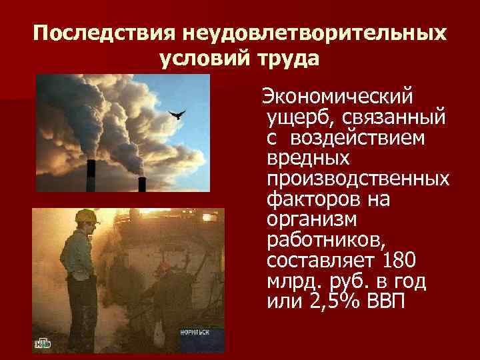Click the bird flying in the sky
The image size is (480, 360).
tap(177, 116)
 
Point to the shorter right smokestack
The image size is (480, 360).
tap(141, 183)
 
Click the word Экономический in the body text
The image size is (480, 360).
tap(337, 97)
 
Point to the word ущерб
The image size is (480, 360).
tap(296, 118)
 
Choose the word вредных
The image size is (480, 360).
tap(308, 159)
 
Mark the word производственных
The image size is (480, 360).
tap(357, 179)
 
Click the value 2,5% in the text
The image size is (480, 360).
tap(331, 301)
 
